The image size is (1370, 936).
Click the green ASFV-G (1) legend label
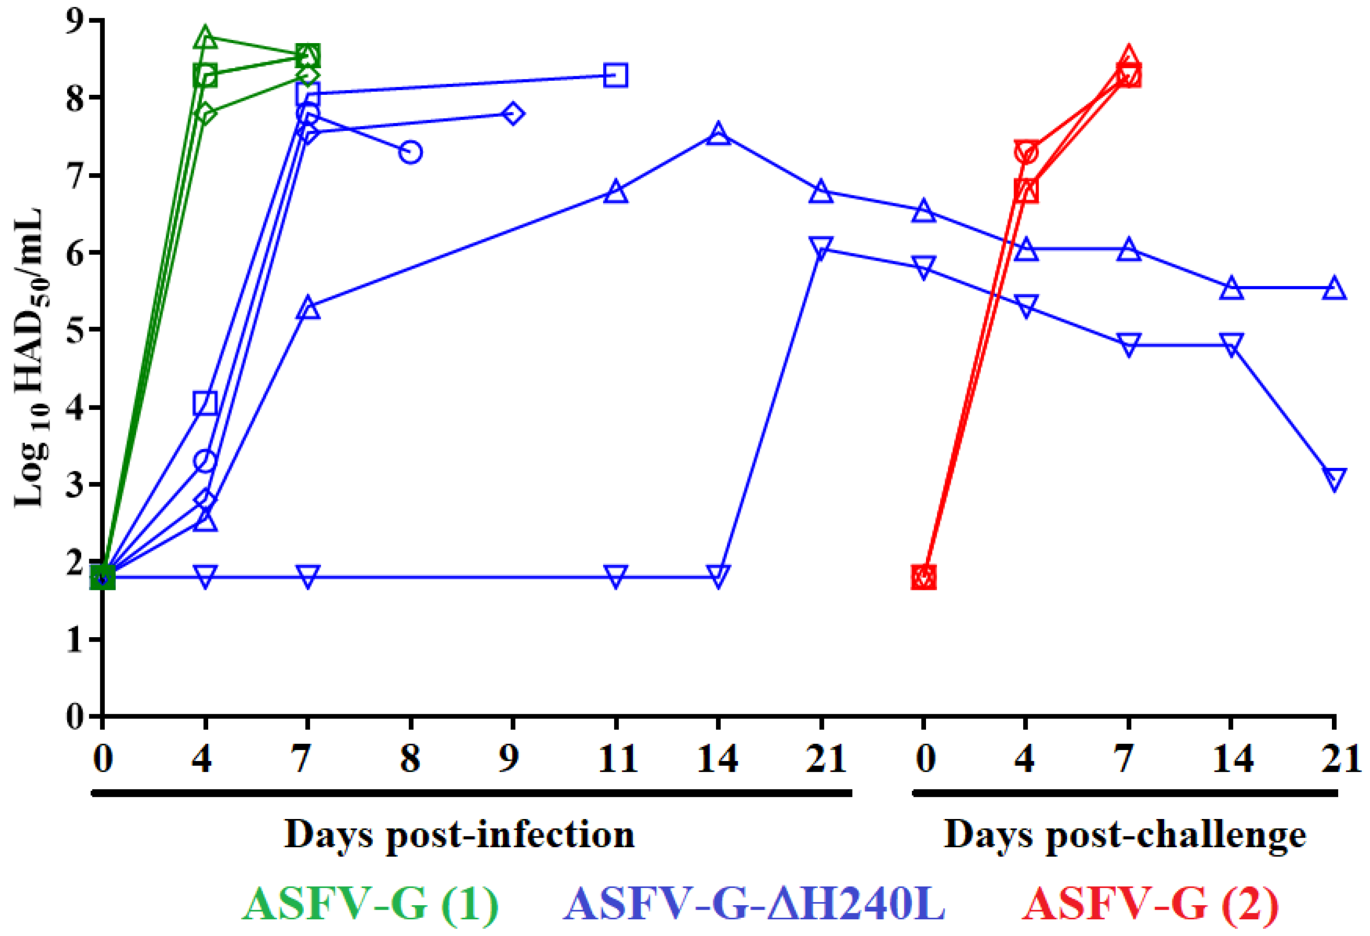(x=370, y=904)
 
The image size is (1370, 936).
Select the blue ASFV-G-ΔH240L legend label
(x=755, y=904)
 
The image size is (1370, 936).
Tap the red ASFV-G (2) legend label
(x=1150, y=904)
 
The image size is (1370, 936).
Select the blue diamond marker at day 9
(x=513, y=113)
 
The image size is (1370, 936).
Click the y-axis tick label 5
(x=75, y=330)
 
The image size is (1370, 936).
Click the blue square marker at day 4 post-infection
(x=205, y=404)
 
